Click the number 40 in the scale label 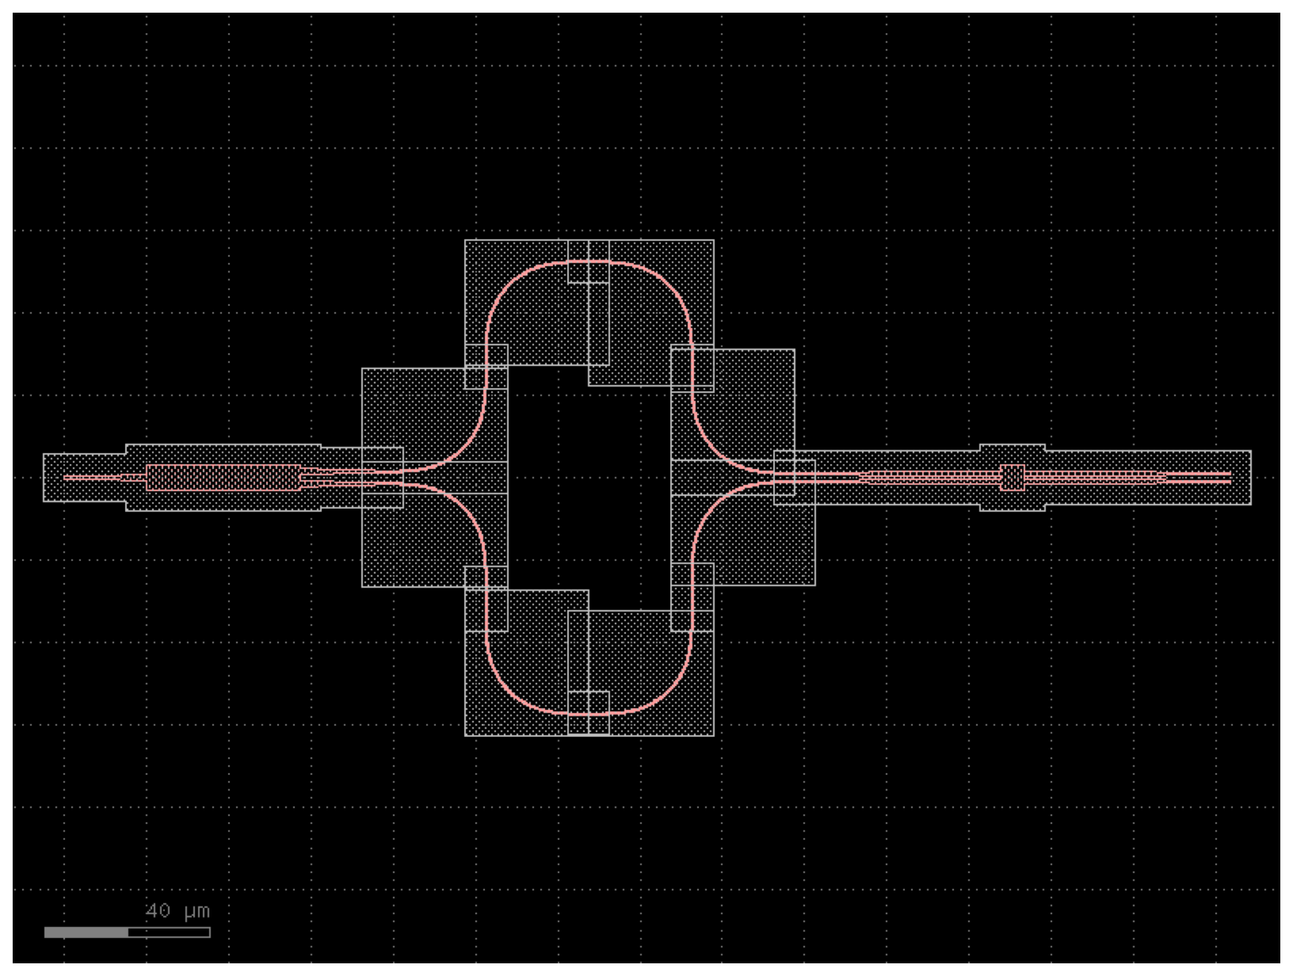[158, 911]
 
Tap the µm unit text [197, 912]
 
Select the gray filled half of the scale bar [86, 932]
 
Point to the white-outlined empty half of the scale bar [169, 932]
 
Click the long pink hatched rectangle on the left [223, 477]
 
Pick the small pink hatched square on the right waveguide [1012, 477]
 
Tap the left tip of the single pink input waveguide [64, 477]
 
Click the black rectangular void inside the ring [589, 488]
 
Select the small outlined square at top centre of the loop [588, 261]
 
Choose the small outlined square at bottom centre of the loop [588, 713]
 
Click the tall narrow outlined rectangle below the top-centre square [599, 324]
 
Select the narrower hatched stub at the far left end [85, 477]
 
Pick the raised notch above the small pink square [1012, 448]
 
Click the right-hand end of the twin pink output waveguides [1230, 477]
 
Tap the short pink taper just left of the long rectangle [134, 477]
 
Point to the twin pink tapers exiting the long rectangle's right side [330, 477]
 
